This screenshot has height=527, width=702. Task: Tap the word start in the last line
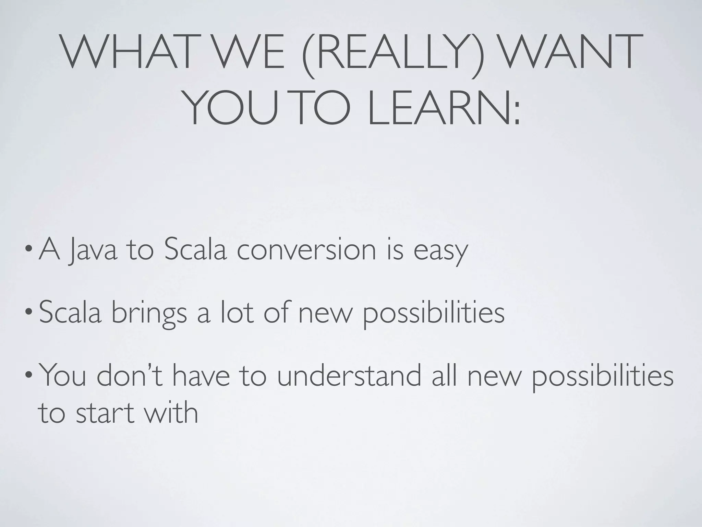pos(105,412)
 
